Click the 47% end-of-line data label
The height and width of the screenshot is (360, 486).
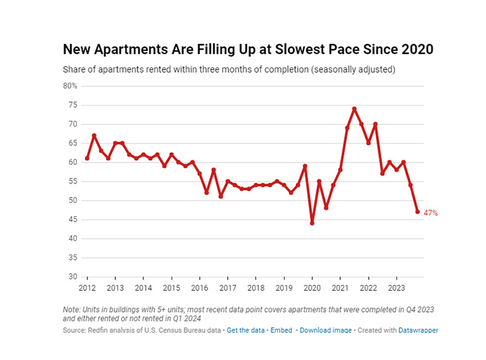[430, 213]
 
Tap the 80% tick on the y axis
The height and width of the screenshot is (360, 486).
[70, 86]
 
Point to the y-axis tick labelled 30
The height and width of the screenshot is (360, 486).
[73, 277]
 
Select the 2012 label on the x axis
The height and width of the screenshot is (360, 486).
[87, 288]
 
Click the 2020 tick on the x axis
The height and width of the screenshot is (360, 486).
[312, 288]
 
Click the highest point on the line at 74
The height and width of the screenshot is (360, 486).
[354, 109]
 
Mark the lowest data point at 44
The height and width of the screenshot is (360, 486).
[312, 223]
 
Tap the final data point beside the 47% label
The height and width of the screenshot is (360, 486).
[417, 212]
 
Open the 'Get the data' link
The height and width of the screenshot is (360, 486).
[246, 330]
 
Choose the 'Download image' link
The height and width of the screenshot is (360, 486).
[326, 330]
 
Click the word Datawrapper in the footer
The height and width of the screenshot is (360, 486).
[418, 330]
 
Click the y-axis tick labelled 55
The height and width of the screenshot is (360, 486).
[73, 181]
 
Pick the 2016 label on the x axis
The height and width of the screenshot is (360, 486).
[199, 288]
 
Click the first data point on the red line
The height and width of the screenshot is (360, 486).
[87, 158]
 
